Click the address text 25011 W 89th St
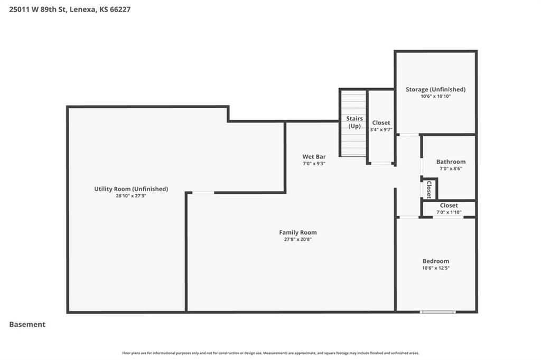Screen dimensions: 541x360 [x=38, y=10]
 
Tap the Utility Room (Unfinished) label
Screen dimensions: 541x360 [x=131, y=189]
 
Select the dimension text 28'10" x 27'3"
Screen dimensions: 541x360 [x=131, y=196]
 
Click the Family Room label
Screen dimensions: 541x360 [x=298, y=232]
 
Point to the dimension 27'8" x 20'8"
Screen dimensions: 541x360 [x=298, y=239]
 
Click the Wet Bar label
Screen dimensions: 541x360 [x=314, y=157]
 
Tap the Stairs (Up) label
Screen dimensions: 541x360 [x=355, y=122]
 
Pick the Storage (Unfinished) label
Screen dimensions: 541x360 [x=435, y=89]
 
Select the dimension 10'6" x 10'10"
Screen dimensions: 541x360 [x=435, y=96]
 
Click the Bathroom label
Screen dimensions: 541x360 [x=451, y=162]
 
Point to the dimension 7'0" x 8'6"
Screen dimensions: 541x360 [x=451, y=168]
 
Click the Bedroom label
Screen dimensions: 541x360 [x=436, y=261]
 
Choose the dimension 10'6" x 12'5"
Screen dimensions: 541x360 [x=436, y=268]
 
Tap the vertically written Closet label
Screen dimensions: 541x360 [x=429, y=190]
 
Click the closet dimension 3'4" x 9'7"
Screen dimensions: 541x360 [x=381, y=130]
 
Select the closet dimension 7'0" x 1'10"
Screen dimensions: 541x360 [x=449, y=212]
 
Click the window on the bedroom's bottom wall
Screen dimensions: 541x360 [x=438, y=312]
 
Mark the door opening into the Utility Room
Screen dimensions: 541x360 [x=203, y=193]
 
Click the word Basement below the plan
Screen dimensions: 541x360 [x=27, y=325]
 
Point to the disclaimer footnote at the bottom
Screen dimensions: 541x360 [x=270, y=353]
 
